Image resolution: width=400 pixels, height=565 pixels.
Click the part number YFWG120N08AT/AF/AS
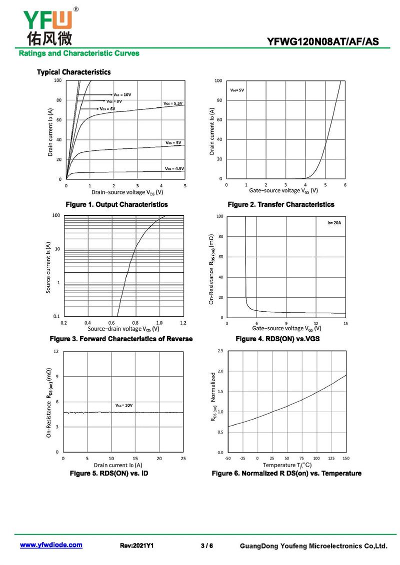[323, 41]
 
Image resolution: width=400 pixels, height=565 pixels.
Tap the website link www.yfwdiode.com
[51, 545]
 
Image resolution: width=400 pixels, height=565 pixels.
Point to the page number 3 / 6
[207, 546]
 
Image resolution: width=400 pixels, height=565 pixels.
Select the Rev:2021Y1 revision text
[136, 546]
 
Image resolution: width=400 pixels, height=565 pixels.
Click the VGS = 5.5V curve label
[173, 103]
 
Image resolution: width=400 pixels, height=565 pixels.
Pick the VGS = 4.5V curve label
[174, 169]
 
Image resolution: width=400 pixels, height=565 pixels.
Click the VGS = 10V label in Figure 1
[122, 95]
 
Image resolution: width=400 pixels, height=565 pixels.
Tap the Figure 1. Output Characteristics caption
[116, 204]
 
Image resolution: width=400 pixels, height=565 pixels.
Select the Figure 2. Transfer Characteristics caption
[281, 204]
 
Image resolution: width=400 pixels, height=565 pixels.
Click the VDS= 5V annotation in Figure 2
[237, 90]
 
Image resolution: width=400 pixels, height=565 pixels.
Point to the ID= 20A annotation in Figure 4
[334, 223]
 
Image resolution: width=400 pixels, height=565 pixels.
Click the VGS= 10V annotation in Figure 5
[124, 405]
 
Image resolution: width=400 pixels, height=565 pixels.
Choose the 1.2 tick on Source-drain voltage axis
[183, 323]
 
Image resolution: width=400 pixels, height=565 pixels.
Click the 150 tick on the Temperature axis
[346, 458]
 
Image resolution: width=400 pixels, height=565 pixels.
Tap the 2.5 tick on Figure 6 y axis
[220, 351]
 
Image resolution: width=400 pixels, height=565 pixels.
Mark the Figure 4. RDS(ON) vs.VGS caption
[277, 339]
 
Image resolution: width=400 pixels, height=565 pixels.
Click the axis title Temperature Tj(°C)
[287, 465]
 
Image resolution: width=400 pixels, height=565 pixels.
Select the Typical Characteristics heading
[73, 72]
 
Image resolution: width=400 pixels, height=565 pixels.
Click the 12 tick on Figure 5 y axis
[56, 351]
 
